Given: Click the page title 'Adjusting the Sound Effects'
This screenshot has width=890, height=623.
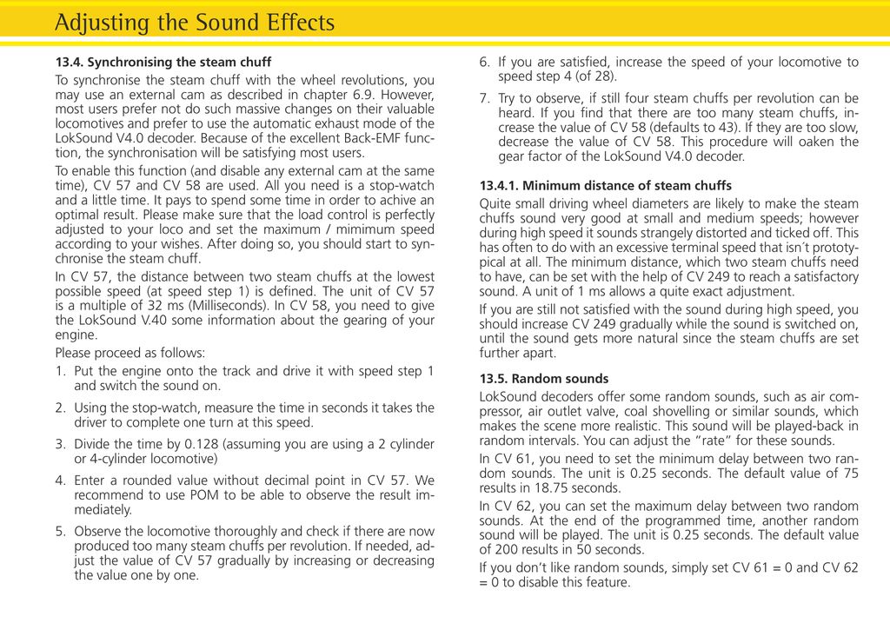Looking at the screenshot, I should [194, 22].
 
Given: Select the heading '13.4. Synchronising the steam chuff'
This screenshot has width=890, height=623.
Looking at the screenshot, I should [163, 63].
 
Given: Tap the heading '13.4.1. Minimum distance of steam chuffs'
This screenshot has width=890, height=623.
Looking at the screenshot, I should [606, 186].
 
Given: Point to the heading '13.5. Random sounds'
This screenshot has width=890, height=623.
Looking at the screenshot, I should [544, 379].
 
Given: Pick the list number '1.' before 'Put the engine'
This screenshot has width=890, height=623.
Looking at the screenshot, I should [61, 371].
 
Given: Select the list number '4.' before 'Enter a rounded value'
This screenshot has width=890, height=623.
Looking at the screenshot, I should [61, 480].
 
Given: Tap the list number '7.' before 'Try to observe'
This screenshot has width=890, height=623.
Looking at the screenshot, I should [485, 98].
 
